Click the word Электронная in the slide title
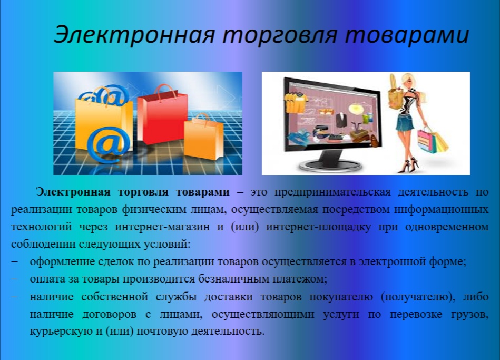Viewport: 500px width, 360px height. (134, 34)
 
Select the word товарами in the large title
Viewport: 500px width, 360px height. (407, 34)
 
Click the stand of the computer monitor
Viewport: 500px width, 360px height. (330, 161)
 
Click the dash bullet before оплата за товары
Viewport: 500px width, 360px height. (15, 279)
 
